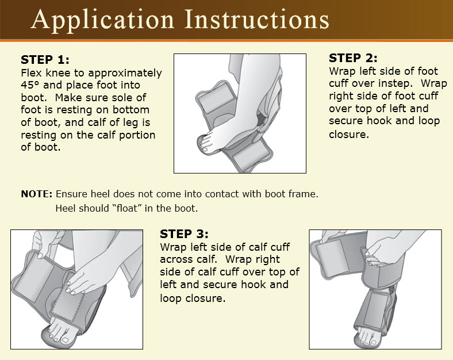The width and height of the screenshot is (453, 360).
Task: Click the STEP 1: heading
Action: pos(45,60)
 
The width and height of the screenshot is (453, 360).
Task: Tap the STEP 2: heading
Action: pos(353,58)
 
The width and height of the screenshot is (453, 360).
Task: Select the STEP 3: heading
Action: pos(184,234)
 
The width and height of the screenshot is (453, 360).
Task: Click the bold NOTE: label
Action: pos(37,194)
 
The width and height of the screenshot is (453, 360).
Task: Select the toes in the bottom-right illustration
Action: pos(362,335)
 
